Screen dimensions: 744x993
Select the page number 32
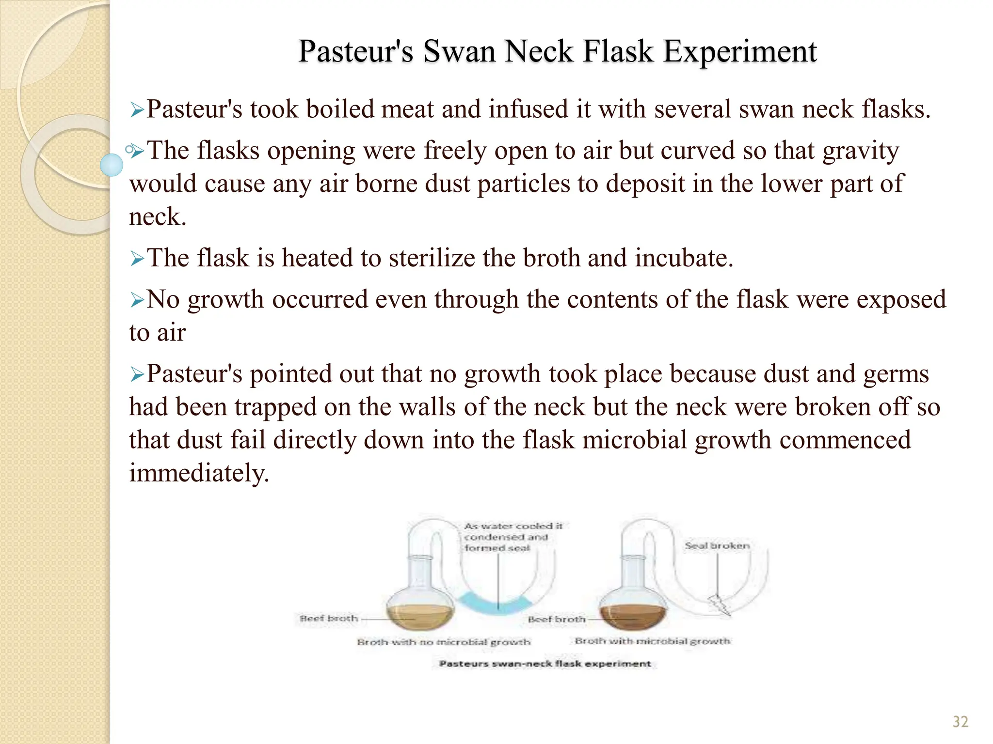tap(960, 722)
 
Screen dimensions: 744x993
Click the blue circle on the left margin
tap(112, 165)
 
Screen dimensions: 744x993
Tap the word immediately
tap(198, 473)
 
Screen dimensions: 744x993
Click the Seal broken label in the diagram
tap(717, 546)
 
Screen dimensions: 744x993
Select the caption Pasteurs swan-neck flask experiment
tap(545, 664)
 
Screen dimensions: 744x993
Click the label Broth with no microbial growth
tap(444, 642)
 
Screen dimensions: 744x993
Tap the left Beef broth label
tap(329, 619)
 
